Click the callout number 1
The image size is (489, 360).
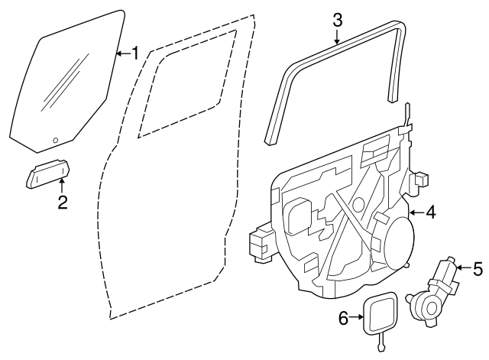click(134, 54)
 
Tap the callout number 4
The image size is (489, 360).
click(430, 212)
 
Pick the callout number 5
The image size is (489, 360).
click(478, 268)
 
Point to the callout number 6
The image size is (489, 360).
click(343, 316)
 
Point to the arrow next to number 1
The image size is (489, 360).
click(121, 54)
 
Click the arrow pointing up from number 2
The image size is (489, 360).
click(63, 184)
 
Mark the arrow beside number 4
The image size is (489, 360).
click(415, 212)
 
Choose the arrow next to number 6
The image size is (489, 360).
click(357, 316)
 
